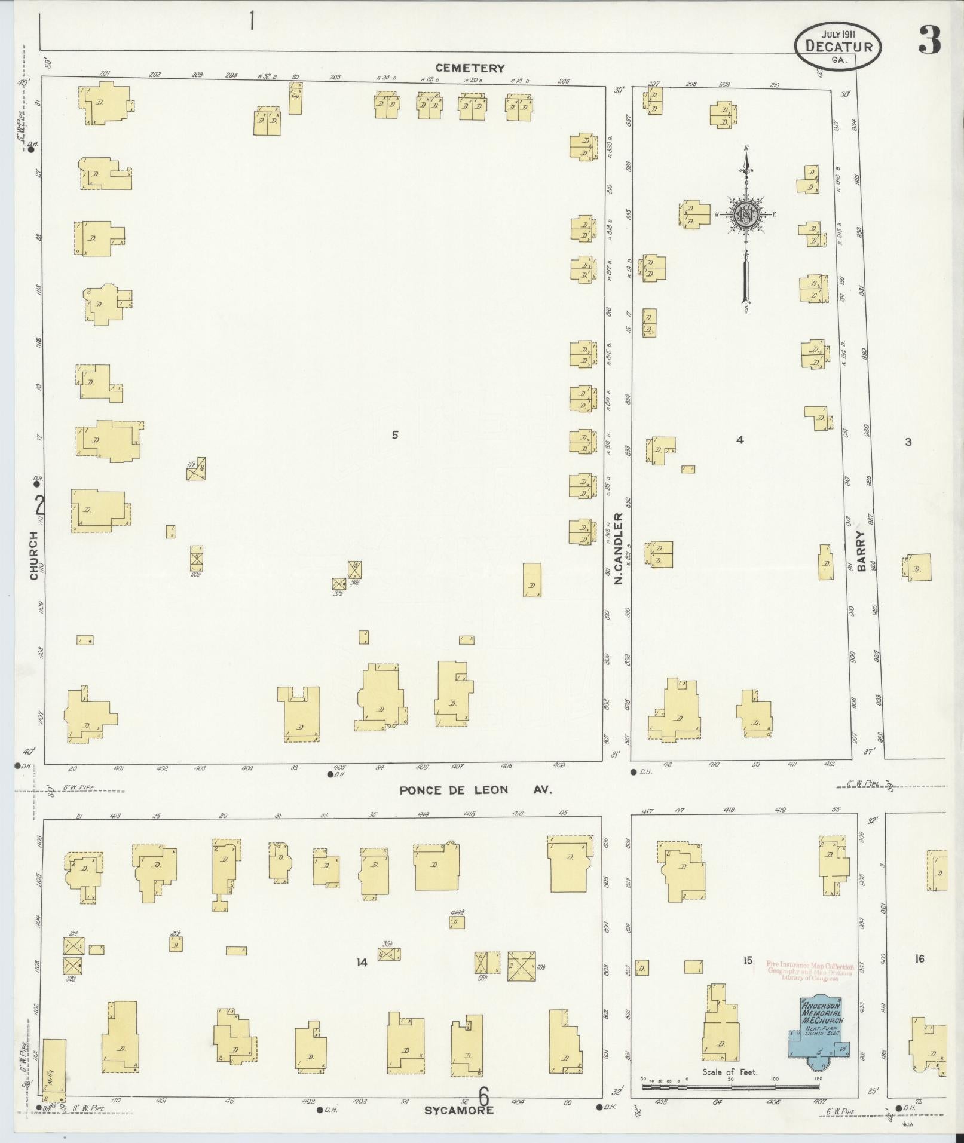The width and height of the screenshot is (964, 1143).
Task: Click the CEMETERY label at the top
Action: (470, 68)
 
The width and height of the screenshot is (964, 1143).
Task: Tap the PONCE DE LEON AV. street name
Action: (476, 790)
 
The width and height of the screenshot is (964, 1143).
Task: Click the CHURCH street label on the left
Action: (34, 556)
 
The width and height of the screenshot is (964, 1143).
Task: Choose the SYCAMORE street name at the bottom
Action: (459, 1110)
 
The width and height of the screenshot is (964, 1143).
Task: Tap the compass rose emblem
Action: (746, 214)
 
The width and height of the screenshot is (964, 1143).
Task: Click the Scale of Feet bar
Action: (730, 1087)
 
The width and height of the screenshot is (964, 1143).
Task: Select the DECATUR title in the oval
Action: (838, 47)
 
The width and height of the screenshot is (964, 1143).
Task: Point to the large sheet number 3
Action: (930, 39)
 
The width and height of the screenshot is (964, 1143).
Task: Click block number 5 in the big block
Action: (395, 435)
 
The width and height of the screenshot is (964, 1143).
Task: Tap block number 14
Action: (361, 962)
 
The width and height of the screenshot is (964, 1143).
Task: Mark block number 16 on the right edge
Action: (919, 959)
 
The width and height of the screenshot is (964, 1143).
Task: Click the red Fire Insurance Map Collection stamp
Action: (810, 971)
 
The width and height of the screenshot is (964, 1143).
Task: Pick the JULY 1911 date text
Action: (838, 34)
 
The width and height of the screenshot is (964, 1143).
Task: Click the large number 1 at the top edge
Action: (253, 21)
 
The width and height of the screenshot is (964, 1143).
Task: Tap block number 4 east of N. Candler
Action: (740, 440)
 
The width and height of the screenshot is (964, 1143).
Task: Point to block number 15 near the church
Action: (747, 960)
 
